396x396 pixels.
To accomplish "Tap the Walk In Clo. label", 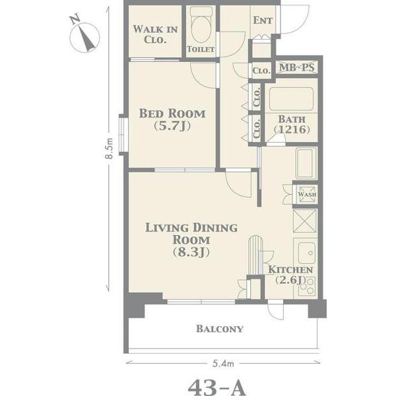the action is click(155, 34).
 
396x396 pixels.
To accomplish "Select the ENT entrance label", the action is click(263, 20).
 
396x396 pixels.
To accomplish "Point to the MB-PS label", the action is click(296, 67).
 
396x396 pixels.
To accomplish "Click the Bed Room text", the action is click(172, 114).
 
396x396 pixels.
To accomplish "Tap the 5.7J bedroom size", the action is click(172, 125).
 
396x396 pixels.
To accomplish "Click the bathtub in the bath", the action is click(291, 99).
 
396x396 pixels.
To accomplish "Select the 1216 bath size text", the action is click(292, 129).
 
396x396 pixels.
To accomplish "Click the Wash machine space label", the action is click(307, 195).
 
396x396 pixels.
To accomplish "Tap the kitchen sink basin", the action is click(307, 253).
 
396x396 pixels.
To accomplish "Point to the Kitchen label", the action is click(290, 270).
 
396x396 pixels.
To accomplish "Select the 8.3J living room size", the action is click(191, 252).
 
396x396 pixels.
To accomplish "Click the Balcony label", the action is click(220, 329).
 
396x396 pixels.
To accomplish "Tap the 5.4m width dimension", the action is click(223, 364).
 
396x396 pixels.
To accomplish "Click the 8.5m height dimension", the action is click(109, 148).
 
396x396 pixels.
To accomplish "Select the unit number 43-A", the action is click(217, 387).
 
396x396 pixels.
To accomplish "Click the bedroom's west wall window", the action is click(123, 135).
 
